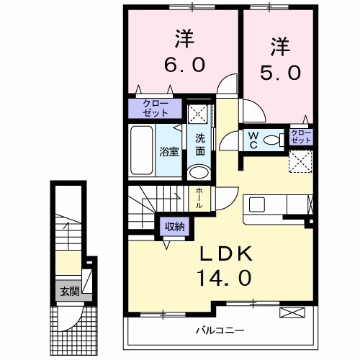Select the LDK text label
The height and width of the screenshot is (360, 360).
coord(224,254)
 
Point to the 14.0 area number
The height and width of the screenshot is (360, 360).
coord(224,277)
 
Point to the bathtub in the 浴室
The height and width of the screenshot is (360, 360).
coord(142,152)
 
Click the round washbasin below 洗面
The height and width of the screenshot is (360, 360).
coord(198,172)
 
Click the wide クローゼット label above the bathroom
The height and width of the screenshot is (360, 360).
coord(151,108)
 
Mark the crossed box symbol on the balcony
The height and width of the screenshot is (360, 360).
coord(292,312)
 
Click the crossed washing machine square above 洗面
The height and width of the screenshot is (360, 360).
coord(199,113)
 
